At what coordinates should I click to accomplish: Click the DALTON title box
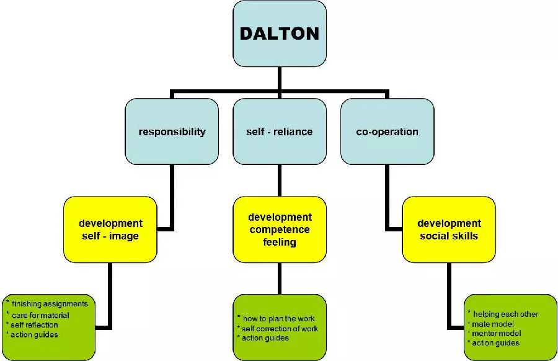pyautogui.click(x=280, y=33)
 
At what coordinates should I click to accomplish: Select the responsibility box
pyautogui.click(x=172, y=131)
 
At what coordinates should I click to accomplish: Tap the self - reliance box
pyautogui.click(x=280, y=131)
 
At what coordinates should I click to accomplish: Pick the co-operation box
pyautogui.click(x=387, y=131)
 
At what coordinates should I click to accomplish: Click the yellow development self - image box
pyautogui.click(x=110, y=230)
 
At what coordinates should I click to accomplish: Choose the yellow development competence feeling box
pyautogui.click(x=280, y=230)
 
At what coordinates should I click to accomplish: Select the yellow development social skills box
pyautogui.click(x=449, y=230)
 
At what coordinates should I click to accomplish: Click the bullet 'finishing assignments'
pyautogui.click(x=49, y=304)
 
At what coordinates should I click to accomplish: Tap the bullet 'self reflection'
pyautogui.click(x=34, y=324)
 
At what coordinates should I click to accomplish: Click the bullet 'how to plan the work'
pyautogui.click(x=278, y=319)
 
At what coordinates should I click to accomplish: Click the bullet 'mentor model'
pyautogui.click(x=496, y=333)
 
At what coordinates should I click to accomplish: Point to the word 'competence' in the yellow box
pyautogui.click(x=280, y=230)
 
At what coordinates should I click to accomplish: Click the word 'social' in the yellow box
pyautogui.click(x=433, y=236)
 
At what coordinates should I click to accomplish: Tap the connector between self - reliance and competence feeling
pyautogui.click(x=280, y=180)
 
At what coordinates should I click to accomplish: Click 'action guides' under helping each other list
pyautogui.click(x=495, y=343)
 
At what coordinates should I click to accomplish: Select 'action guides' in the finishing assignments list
pyautogui.click(x=34, y=334)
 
